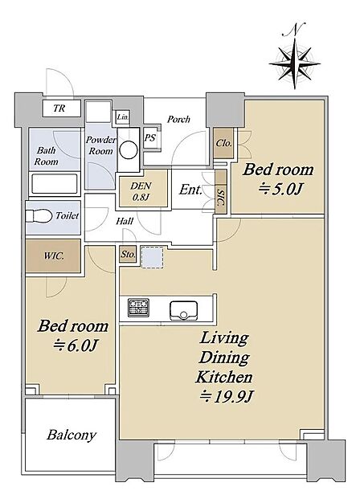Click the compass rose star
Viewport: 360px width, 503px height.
(295, 63)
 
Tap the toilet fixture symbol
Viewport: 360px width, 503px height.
(39, 215)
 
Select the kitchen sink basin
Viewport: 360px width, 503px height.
(183, 310)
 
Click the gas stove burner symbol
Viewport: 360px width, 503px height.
(138, 307)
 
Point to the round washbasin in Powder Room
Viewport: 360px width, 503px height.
(129, 149)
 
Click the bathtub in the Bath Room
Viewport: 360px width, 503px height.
(55, 184)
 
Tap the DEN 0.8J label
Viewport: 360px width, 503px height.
(141, 191)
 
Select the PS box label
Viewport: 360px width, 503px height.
(149, 138)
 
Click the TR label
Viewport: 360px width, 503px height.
(59, 108)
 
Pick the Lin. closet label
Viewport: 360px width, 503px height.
(123, 117)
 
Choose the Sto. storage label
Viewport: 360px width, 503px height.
(128, 255)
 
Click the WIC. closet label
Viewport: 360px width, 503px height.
(54, 256)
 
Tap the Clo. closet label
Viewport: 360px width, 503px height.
(223, 143)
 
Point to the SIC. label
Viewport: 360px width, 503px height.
(221, 198)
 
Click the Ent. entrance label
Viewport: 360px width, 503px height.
(190, 190)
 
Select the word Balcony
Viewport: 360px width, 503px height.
(72, 436)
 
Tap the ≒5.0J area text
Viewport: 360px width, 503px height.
(280, 190)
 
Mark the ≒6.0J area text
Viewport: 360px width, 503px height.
(76, 346)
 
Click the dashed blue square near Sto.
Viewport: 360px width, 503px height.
(153, 258)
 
